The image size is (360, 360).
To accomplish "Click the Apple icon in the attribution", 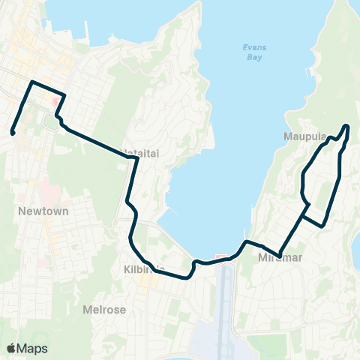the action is tap(10, 348).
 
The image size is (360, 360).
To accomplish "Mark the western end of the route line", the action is tap(13, 133).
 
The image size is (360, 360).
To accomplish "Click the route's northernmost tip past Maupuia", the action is tap(346, 125).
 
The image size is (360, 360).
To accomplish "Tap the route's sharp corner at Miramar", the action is tap(279, 256).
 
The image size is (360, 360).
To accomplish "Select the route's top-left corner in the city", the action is tap(31, 81).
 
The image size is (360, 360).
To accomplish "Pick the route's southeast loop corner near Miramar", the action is tap(323, 223).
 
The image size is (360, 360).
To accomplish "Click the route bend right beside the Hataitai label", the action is tap(135, 159).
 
